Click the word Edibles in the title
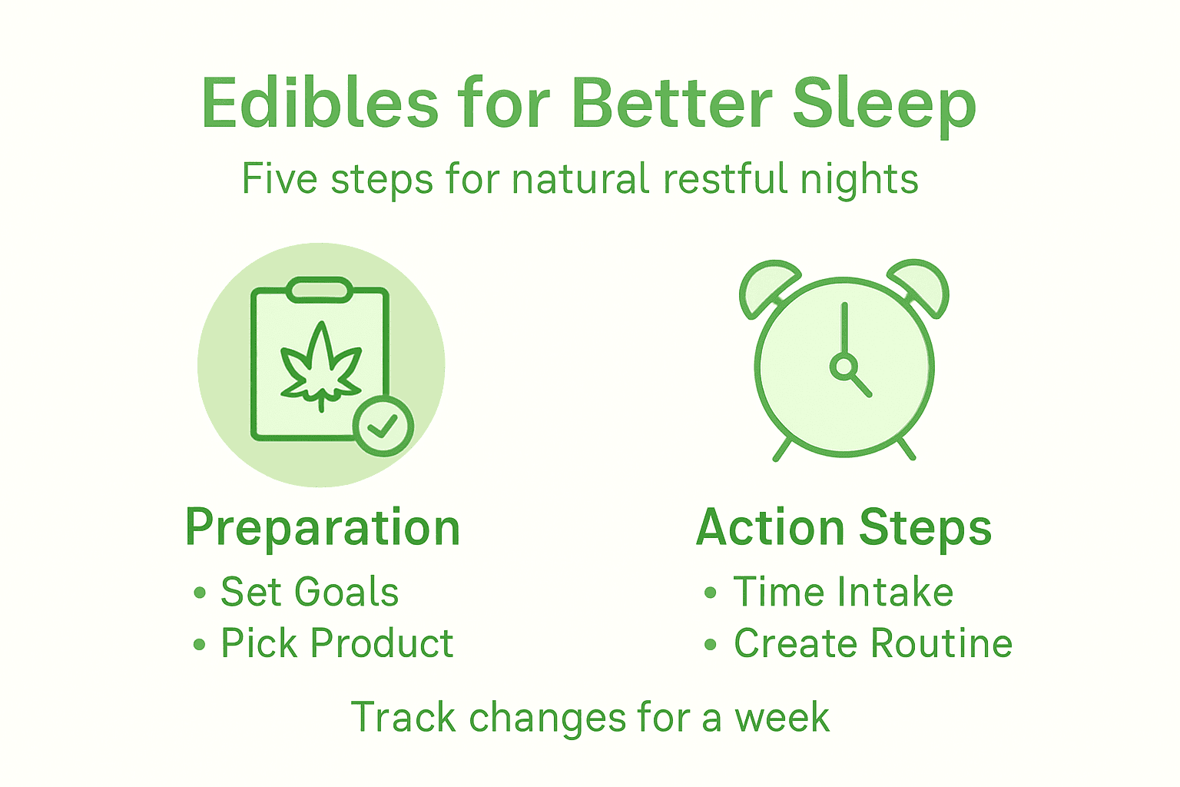click(x=320, y=103)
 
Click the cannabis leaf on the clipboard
click(x=320, y=366)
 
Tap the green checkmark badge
click(x=383, y=426)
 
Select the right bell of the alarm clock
click(x=921, y=286)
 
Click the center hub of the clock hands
click(x=844, y=367)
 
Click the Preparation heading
click(x=323, y=528)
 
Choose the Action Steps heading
click(x=844, y=528)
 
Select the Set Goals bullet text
click(x=310, y=592)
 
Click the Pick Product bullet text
click(x=336, y=643)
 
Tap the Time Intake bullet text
click(x=843, y=592)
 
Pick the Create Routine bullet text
click(x=873, y=643)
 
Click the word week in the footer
click(x=781, y=717)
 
